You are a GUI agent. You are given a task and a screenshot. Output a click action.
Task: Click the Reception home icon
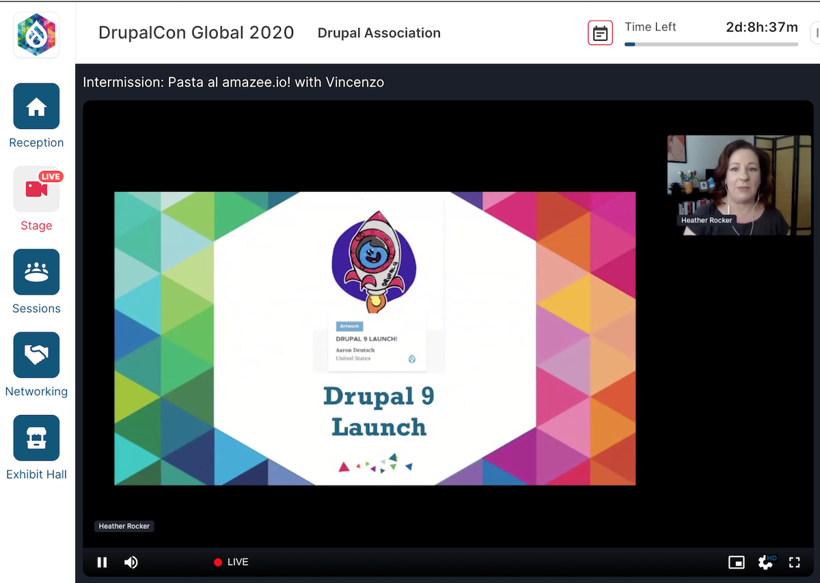pos(36,106)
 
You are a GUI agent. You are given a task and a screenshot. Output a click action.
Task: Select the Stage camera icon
pos(36,189)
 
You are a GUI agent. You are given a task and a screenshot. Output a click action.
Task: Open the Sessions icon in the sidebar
pos(36,272)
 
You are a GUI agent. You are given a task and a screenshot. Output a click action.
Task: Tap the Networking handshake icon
pos(36,355)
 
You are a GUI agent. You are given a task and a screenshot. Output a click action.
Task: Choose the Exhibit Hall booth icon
pos(36,438)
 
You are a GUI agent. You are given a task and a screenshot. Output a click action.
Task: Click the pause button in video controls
pos(102,562)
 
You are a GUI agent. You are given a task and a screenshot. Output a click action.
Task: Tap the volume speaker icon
pos(131,562)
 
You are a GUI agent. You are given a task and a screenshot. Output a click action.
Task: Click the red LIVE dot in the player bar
pos(218,563)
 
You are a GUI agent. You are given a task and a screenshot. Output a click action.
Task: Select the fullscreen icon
pos(794,562)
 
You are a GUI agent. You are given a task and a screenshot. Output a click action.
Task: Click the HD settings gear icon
pos(766,562)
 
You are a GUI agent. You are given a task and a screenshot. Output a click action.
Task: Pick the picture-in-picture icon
pos(736,562)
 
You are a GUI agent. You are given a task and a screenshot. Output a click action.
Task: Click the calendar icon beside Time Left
pos(600,33)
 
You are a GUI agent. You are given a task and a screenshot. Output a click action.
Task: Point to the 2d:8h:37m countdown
pos(761,27)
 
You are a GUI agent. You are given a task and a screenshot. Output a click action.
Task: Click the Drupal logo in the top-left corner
pos(36,34)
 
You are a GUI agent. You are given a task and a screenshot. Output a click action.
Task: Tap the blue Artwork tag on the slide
pos(349,326)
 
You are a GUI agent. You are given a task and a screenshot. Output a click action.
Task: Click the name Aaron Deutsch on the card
pos(355,350)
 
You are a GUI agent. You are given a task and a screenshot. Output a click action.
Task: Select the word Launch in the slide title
pos(379,427)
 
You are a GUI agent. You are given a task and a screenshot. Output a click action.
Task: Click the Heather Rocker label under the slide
pos(124,526)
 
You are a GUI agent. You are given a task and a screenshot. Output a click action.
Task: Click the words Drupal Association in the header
pos(379,33)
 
